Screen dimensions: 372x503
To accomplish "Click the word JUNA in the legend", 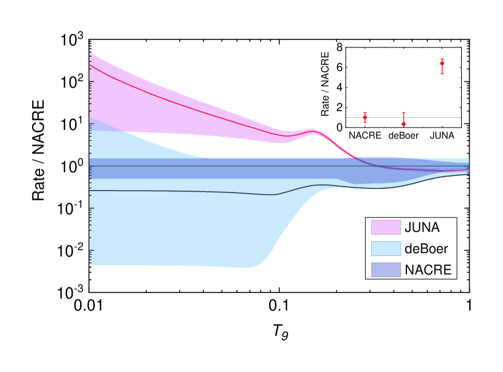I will (422, 228).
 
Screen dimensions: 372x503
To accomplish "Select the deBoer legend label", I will (427, 249).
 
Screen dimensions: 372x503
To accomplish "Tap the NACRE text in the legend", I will (428, 270).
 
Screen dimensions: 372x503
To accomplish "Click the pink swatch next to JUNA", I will (385, 228).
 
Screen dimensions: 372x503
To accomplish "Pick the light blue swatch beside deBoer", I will (385, 249).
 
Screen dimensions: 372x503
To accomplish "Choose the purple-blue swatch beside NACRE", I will (385, 270).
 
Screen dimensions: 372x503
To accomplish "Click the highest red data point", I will (442, 63).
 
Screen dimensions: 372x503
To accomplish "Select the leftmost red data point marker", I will (365, 117).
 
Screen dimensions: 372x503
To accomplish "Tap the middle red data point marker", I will (404, 124).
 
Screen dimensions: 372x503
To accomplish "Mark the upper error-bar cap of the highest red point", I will (442, 59).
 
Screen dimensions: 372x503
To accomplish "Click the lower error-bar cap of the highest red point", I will (442, 74).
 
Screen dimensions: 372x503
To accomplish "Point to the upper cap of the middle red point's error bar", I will (404, 112).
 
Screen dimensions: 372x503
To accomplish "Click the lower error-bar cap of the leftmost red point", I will (365, 123).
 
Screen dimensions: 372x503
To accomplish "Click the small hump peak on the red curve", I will (312, 131).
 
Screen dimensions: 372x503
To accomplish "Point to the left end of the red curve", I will (91, 65).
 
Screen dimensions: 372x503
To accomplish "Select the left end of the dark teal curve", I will (91, 191).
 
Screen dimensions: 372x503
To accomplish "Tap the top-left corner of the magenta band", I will (91, 53).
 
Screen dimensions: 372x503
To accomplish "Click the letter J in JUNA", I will (408, 228).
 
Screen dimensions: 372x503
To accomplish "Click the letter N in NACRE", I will (409, 270).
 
